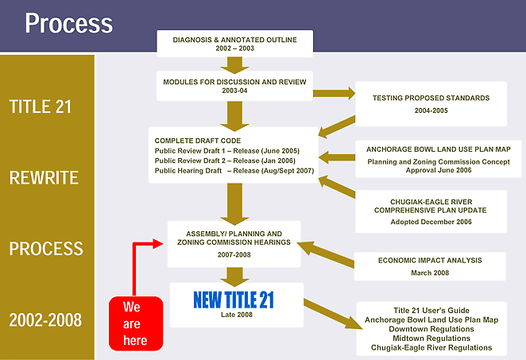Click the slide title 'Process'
click(68, 23)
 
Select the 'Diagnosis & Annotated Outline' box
click(234, 43)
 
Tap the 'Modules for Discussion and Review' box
click(234, 86)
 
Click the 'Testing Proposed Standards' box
click(431, 104)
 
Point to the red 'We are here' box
click(135, 323)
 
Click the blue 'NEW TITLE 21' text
click(234, 300)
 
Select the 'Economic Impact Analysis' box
click(430, 265)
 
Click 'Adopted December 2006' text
click(431, 222)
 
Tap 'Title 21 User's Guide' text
click(431, 311)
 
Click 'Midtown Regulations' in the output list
click(431, 339)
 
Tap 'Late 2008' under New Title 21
click(234, 315)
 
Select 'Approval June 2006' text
click(431, 170)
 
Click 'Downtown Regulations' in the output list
click(431, 329)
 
